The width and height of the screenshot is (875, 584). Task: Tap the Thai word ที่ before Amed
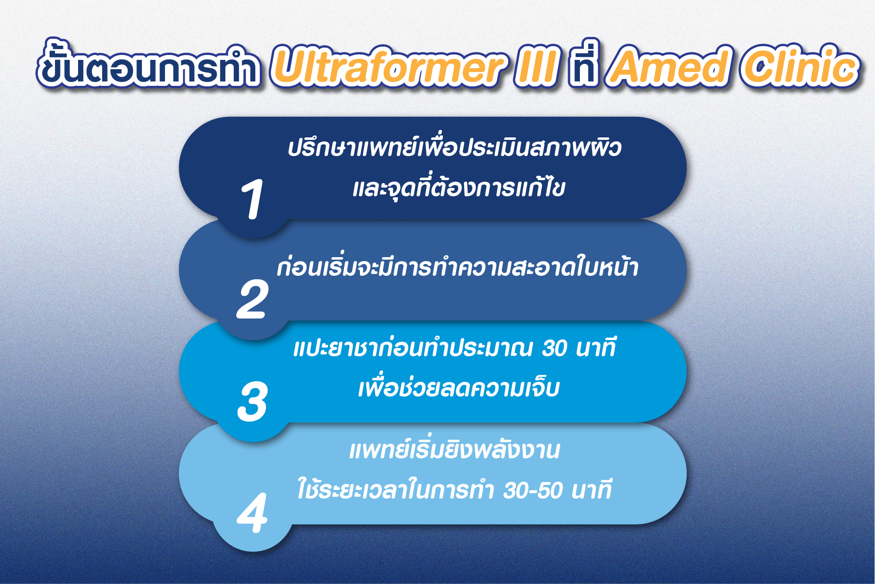click(584, 63)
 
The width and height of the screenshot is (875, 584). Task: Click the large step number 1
click(252, 199)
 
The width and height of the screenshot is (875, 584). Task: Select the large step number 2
click(252, 299)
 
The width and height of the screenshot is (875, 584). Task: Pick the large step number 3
click(252, 401)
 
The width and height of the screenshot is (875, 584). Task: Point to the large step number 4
click(252, 513)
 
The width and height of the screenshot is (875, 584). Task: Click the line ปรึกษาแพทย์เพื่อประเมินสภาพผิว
click(455, 147)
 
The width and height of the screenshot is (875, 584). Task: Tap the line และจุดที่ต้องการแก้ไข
click(459, 186)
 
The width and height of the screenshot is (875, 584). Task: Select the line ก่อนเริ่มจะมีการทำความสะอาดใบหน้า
click(458, 266)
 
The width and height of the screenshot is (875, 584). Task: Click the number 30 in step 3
click(555, 348)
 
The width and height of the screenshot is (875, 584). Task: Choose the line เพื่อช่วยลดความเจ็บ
click(459, 387)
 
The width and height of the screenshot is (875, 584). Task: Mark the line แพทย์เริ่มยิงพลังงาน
click(455, 450)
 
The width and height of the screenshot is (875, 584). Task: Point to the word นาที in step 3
click(596, 347)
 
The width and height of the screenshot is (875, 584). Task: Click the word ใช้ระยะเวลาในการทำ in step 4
click(395, 488)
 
